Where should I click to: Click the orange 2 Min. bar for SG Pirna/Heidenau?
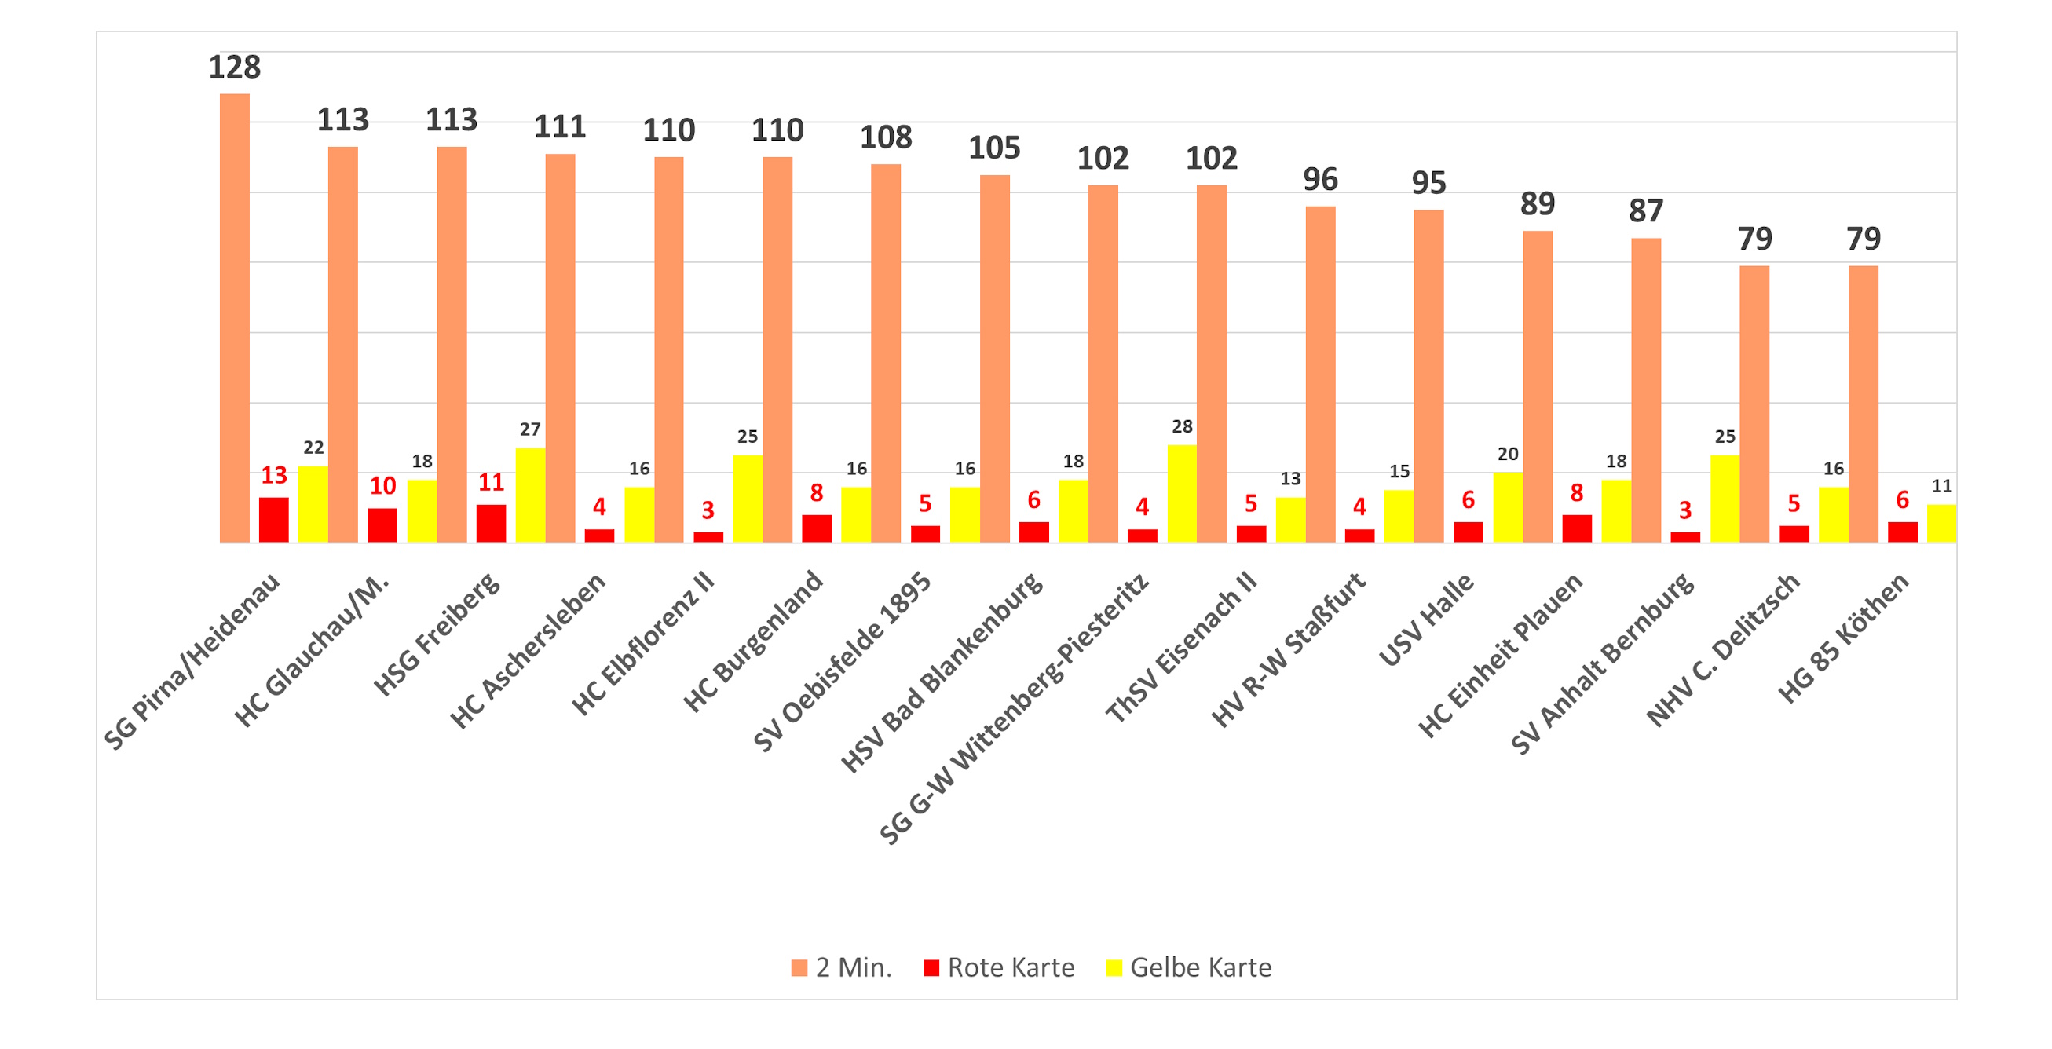[x=234, y=319]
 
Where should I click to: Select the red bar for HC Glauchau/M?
[x=382, y=526]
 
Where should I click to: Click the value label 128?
[x=234, y=67]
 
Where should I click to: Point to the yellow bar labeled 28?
[x=1181, y=494]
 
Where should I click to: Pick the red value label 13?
[x=274, y=476]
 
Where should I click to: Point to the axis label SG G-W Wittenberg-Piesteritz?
[x=1015, y=709]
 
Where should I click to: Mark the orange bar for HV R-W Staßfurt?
[x=1320, y=375]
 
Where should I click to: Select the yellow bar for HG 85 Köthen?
[x=1941, y=523]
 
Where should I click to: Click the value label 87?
[x=1646, y=211]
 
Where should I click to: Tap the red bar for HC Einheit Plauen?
[x=1576, y=529]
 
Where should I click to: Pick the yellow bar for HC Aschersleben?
[x=639, y=514]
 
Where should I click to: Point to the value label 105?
[x=994, y=148]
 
